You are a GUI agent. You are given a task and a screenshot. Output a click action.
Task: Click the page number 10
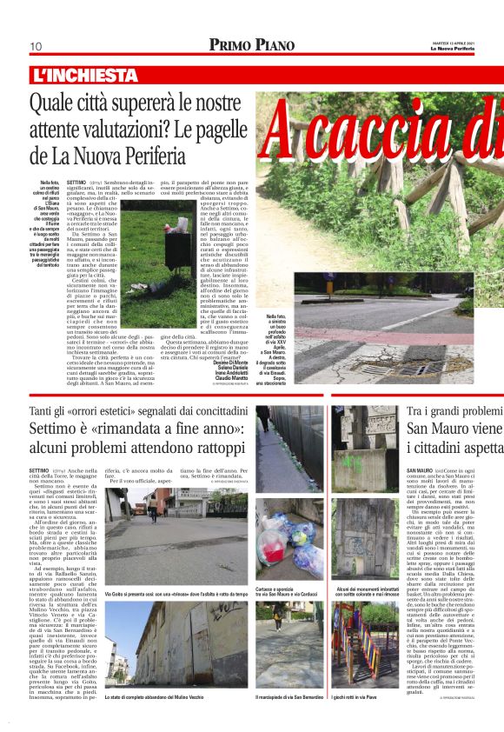pyautogui.click(x=36, y=46)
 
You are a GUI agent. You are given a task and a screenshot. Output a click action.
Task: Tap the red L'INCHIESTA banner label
pyautogui.click(x=84, y=76)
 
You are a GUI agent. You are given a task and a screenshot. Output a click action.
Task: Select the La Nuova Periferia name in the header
pyautogui.click(x=476, y=49)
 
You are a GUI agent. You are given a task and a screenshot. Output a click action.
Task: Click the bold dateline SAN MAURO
pyautogui.click(x=421, y=470)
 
